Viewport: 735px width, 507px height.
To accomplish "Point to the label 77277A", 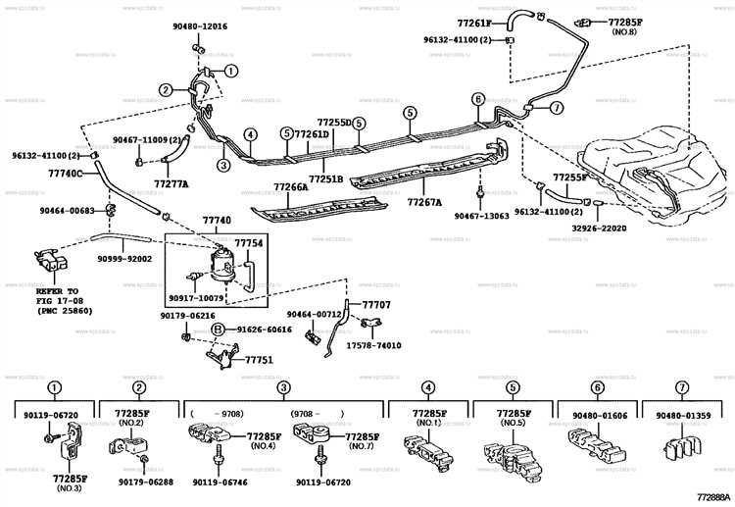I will (x=172, y=183).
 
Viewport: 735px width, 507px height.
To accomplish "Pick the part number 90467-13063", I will (x=482, y=215).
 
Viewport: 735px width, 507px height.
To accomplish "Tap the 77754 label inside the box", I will (x=248, y=242).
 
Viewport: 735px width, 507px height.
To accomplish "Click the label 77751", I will (x=257, y=360).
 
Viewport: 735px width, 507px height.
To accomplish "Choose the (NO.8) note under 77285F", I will (x=622, y=31).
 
